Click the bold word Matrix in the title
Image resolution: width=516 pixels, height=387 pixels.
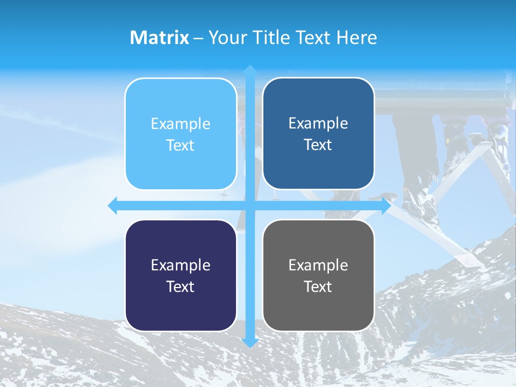[159, 38]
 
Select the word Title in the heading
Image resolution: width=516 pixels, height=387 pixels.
[274, 38]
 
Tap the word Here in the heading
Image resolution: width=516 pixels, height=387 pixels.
[356, 38]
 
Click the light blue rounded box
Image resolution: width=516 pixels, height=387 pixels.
[181, 134]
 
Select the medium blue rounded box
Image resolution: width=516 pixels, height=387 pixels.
[318, 134]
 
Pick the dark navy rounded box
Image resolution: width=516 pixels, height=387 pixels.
[181, 275]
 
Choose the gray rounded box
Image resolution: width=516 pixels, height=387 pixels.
[318, 275]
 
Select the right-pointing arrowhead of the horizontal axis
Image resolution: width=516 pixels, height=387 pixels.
[385, 206]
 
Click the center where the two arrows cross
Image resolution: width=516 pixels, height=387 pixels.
[249, 206]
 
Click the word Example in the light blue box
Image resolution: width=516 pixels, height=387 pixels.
[181, 124]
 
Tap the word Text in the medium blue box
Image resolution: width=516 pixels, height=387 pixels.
[318, 145]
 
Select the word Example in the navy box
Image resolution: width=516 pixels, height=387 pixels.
[181, 266]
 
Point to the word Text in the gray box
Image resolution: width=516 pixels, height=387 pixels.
[318, 286]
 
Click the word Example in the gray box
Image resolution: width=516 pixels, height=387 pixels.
[318, 266]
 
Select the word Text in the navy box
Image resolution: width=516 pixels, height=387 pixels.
[181, 286]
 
